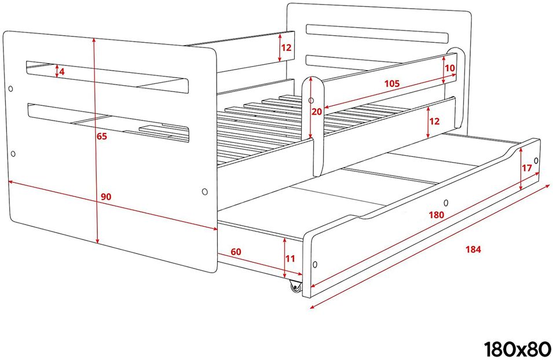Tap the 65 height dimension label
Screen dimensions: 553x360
[102, 136]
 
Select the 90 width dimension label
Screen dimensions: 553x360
[106, 197]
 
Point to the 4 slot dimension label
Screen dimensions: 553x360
[62, 72]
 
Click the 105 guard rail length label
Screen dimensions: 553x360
[392, 83]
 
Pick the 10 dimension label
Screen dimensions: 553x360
[450, 68]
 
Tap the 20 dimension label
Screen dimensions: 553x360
[317, 112]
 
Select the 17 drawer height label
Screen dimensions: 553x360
[526, 168]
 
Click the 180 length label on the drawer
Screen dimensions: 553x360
[436, 214]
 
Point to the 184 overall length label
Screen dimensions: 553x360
[473, 249]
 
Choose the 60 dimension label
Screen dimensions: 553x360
[236, 252]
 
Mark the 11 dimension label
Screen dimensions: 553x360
[290, 259]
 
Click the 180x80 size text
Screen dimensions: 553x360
[517, 349]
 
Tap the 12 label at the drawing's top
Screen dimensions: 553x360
[287, 47]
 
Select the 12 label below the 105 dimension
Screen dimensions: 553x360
[434, 122]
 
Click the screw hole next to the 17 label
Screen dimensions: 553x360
[536, 161]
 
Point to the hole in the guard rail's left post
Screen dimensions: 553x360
[311, 101]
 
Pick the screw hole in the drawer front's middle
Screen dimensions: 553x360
[446, 203]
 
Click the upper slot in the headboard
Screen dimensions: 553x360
[377, 34]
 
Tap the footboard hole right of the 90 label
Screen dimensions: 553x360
[204, 192]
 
